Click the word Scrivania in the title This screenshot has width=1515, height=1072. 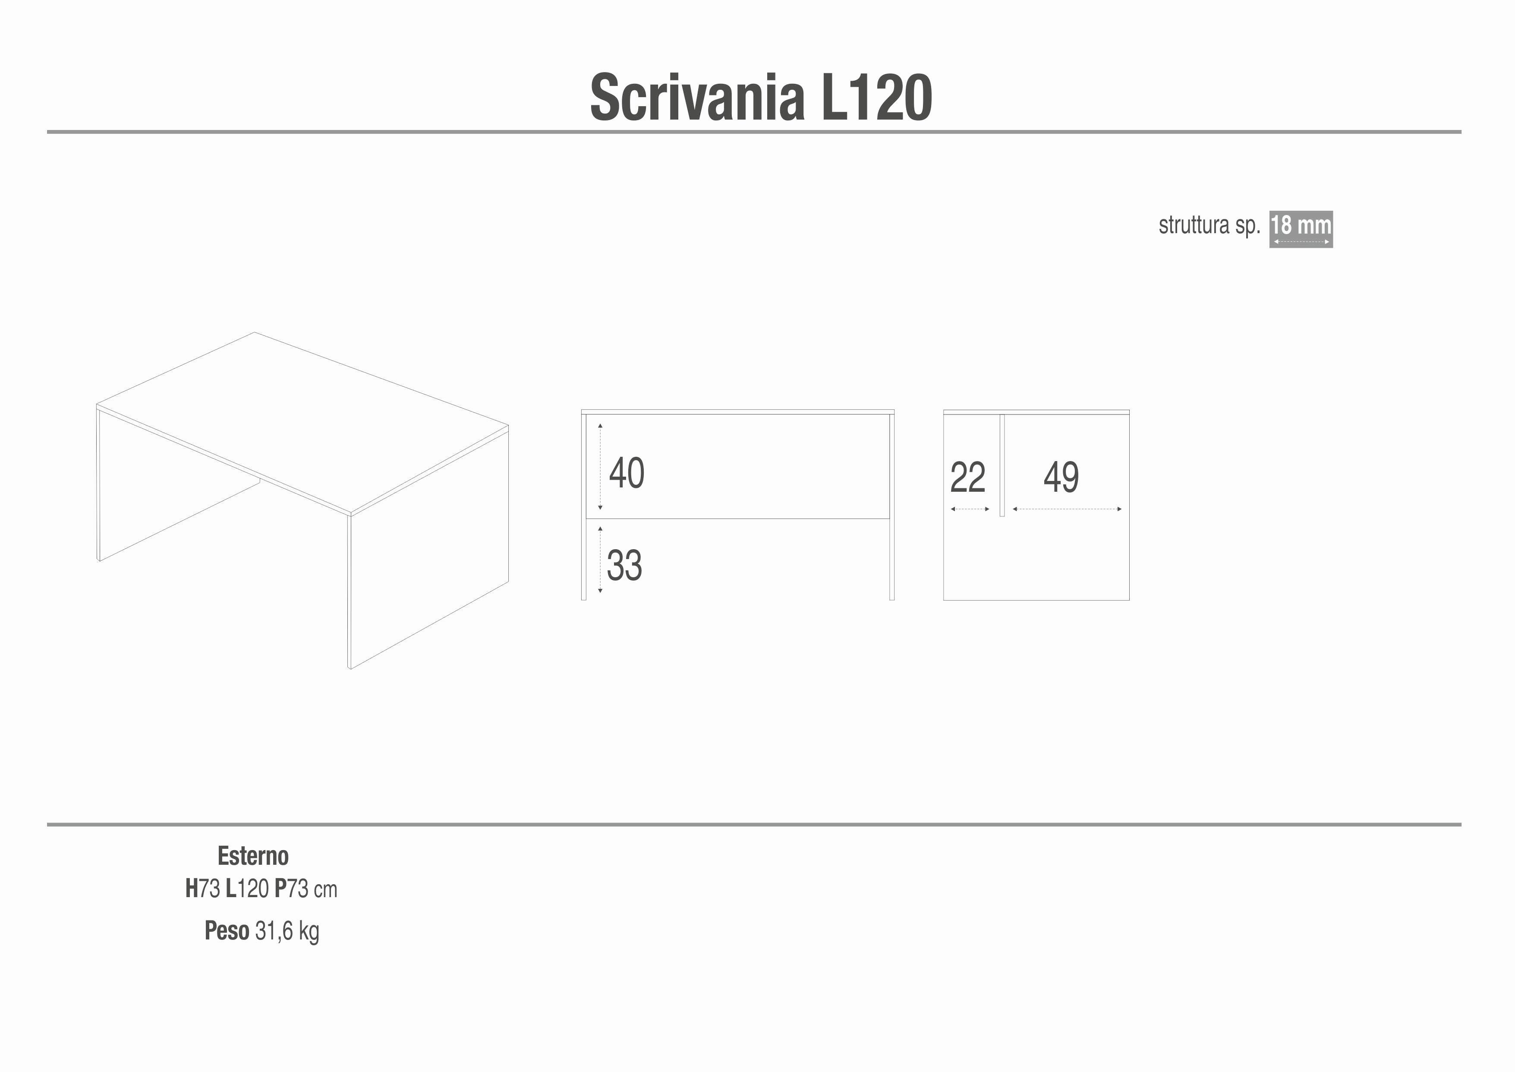(x=697, y=98)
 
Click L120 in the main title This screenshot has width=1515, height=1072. (x=877, y=98)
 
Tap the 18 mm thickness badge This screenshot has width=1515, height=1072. (x=1301, y=229)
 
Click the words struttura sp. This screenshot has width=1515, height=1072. (x=1209, y=226)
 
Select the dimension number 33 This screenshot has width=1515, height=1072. (x=624, y=565)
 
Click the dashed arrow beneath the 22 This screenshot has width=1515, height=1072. (x=970, y=509)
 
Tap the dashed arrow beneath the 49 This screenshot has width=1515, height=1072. (x=1067, y=509)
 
